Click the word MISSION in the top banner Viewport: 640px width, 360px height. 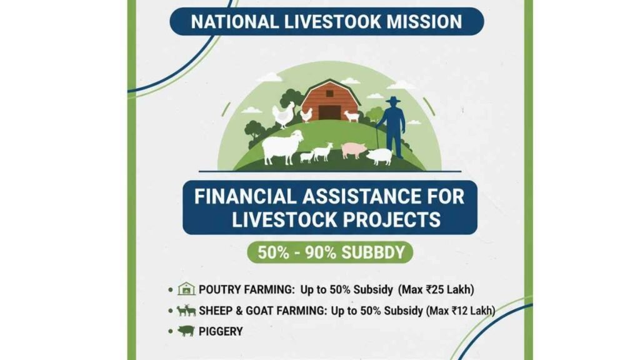(x=424, y=22)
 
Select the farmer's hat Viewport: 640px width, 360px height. (x=393, y=99)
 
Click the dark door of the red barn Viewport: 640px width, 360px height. (x=329, y=112)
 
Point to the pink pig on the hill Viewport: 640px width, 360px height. (x=354, y=150)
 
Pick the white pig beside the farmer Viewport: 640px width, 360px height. (x=379, y=156)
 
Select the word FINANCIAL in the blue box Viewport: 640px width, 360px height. (x=245, y=197)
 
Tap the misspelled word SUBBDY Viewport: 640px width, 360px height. (x=373, y=252)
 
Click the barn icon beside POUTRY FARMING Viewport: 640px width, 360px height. (x=186, y=289)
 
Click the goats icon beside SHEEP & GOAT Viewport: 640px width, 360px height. (x=186, y=311)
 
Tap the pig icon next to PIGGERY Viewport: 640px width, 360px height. (x=186, y=331)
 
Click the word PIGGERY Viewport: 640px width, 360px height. (x=221, y=331)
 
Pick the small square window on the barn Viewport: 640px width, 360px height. (x=330, y=94)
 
